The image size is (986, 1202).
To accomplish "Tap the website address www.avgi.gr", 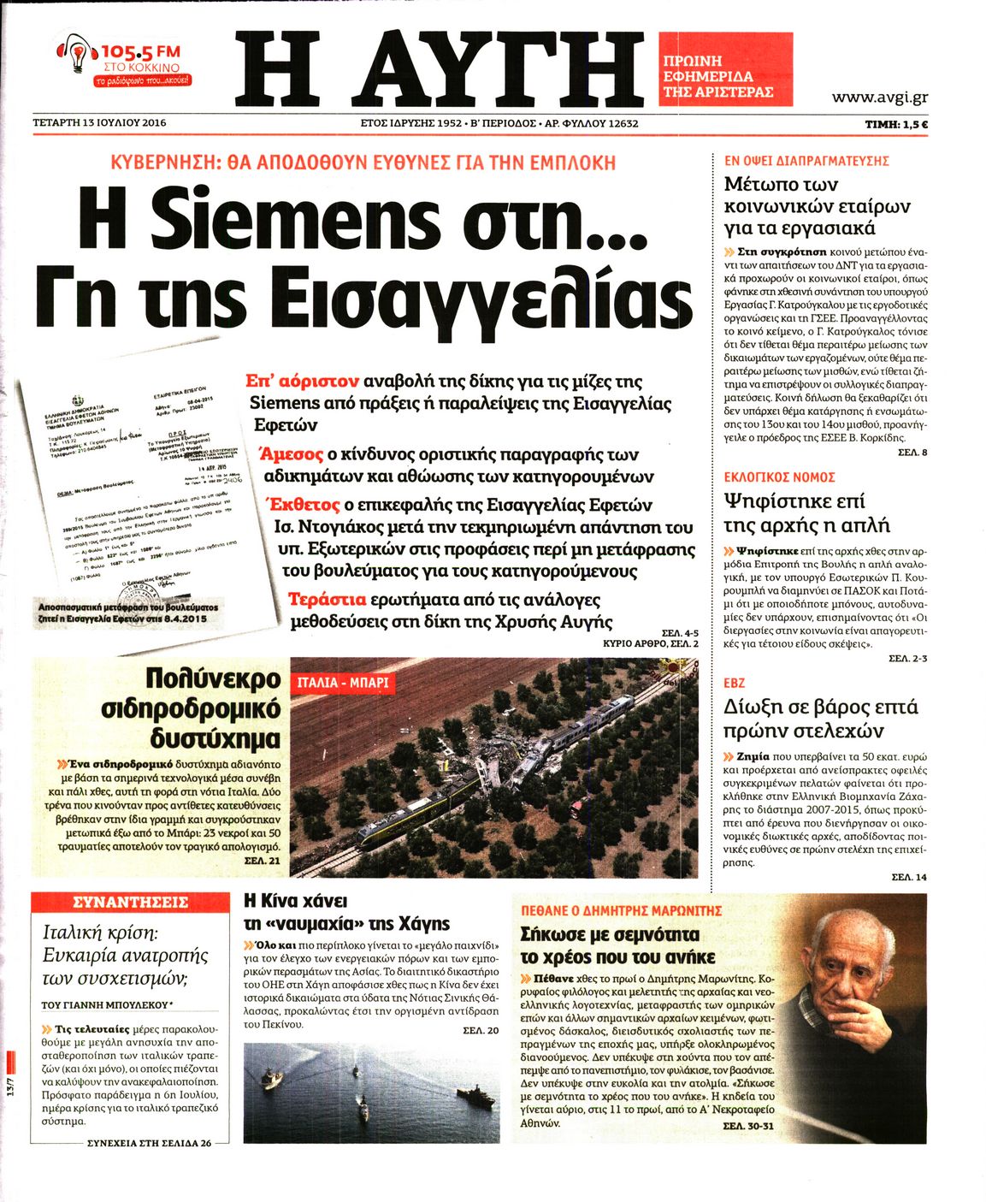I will coord(880,98).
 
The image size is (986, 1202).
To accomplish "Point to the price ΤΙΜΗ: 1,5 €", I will coord(896,123).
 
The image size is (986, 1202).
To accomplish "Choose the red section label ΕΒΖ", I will coord(734,683).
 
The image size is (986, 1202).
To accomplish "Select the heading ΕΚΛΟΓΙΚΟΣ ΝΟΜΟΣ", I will coord(779,477).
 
